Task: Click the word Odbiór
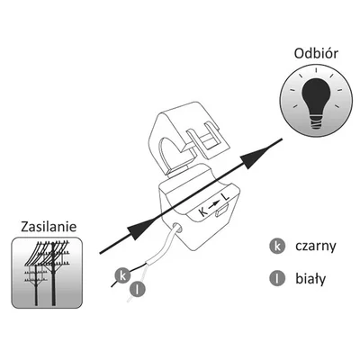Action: pos(316,53)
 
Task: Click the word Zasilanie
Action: pos(49,227)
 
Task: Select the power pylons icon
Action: pos(47,273)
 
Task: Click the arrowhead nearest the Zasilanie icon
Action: pos(140,229)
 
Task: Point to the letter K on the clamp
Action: pos(203,211)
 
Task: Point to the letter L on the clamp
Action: pos(225,198)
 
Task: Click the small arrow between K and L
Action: pos(213,205)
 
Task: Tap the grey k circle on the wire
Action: pos(122,275)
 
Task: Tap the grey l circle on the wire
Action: pos(138,290)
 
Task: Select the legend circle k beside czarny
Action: pos(277,247)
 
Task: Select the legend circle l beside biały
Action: pos(277,278)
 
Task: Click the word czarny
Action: pos(316,246)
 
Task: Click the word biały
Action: pos(310,278)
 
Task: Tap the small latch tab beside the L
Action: pos(221,210)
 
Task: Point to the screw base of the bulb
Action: pos(316,122)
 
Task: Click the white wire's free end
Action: pos(129,301)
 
